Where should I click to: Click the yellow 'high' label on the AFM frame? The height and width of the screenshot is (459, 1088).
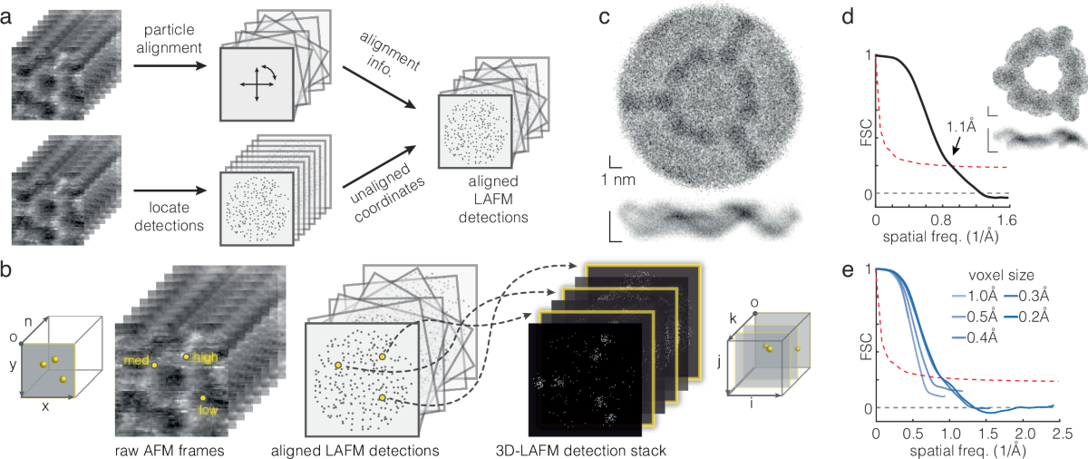coord(206,357)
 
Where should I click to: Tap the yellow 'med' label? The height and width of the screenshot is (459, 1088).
coord(137,359)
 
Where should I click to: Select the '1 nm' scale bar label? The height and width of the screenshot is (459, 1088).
coord(622,179)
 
